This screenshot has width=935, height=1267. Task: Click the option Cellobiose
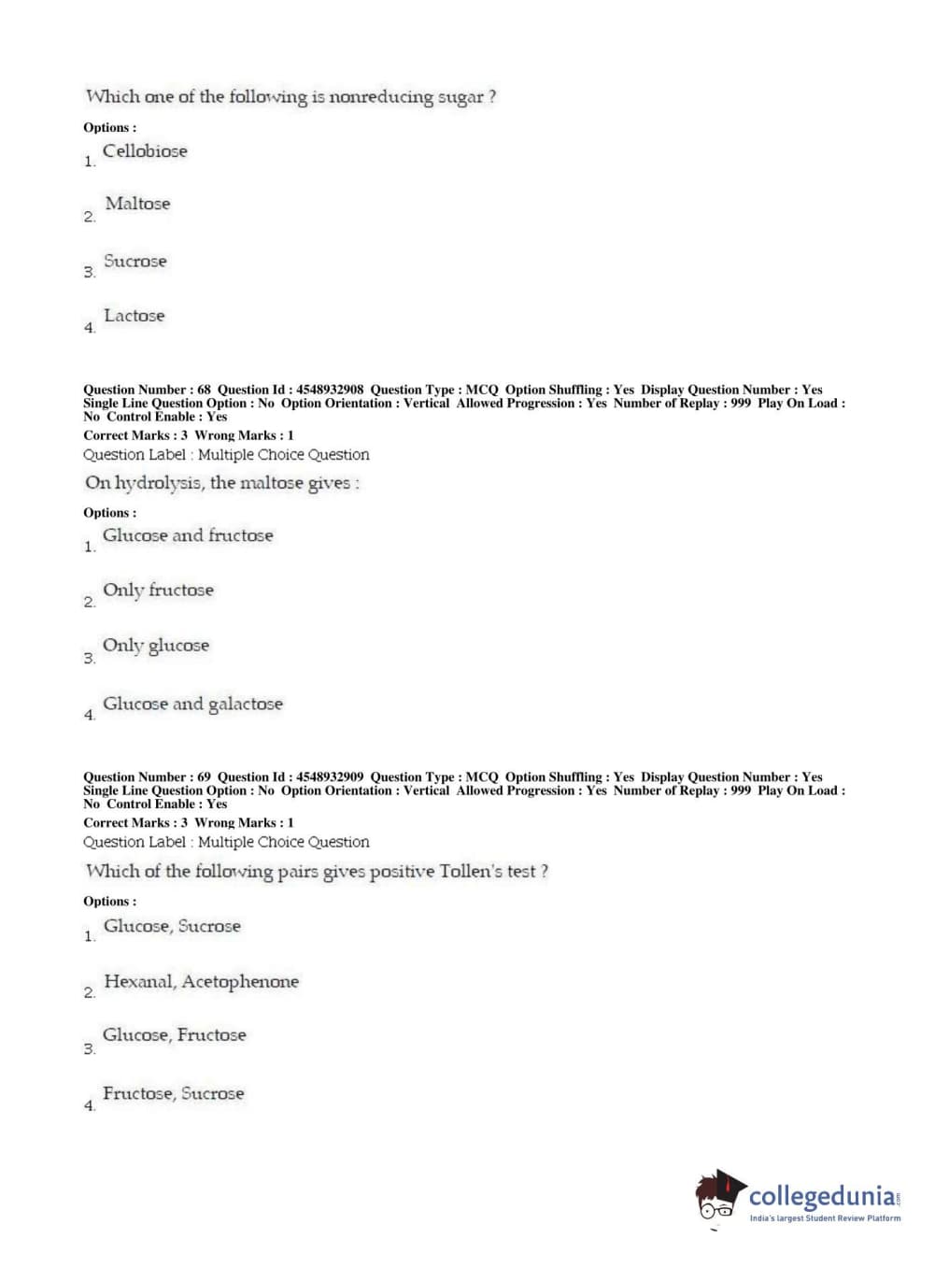[x=145, y=151]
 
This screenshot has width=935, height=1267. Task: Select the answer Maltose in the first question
[x=137, y=204]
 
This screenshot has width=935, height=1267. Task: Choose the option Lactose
[x=134, y=316]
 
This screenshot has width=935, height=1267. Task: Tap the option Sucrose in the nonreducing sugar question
[x=135, y=262]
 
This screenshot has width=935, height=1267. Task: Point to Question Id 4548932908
[x=330, y=390]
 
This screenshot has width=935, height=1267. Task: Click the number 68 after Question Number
[x=204, y=390]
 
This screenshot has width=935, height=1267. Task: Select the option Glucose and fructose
[x=188, y=535]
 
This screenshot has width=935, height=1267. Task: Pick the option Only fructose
[x=158, y=591]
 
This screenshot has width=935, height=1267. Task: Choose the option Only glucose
[x=155, y=646]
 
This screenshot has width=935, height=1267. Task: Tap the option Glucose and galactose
[x=192, y=704]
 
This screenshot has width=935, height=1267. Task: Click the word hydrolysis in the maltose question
[x=158, y=483]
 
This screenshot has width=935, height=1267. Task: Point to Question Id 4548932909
[x=330, y=776]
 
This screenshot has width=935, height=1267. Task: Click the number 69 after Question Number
[x=204, y=776]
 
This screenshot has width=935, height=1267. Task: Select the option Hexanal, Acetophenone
[x=201, y=981]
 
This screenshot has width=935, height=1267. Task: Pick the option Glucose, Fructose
[x=174, y=1035]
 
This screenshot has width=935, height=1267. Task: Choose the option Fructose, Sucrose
[x=173, y=1093]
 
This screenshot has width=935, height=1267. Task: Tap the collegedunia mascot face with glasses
[x=717, y=1200]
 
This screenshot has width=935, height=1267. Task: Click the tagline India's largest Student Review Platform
[x=825, y=1218]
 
